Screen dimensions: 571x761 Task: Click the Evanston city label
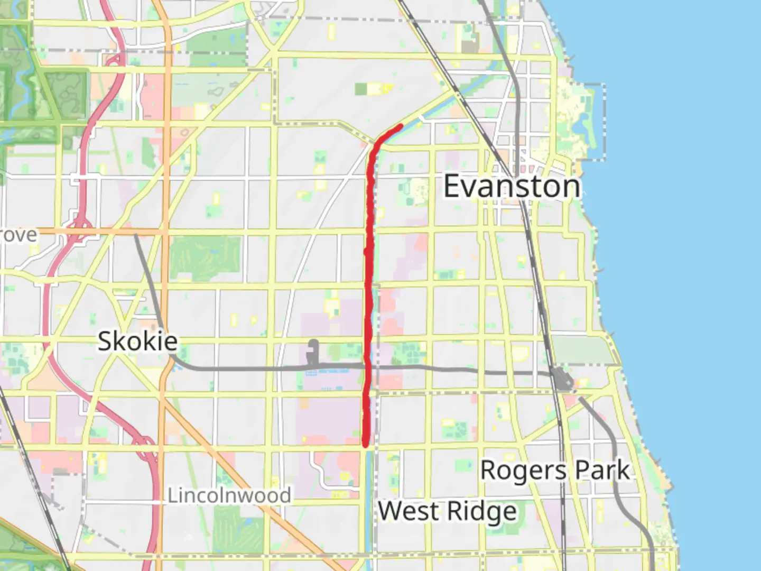(512, 187)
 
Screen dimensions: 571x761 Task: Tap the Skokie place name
(137, 341)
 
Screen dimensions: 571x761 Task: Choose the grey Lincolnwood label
(229, 495)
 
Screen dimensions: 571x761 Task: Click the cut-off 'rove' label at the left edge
(19, 235)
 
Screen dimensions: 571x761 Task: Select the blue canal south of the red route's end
(369, 502)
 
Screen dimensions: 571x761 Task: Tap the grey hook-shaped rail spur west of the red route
(313, 352)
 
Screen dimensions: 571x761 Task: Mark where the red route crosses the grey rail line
(367, 366)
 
